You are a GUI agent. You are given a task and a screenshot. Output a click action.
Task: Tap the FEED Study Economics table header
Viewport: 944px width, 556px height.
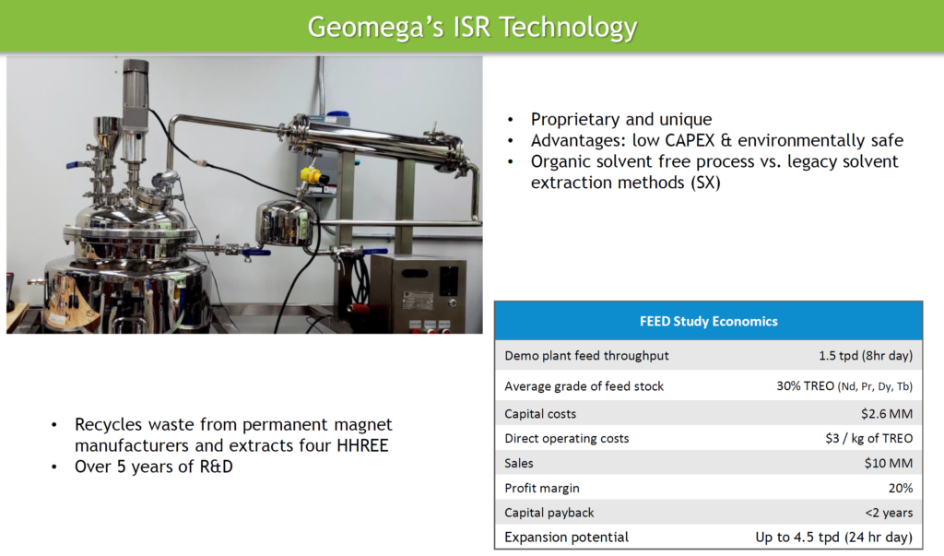click(709, 321)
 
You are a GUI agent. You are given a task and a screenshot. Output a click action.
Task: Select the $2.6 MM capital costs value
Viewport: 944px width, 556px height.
click(887, 414)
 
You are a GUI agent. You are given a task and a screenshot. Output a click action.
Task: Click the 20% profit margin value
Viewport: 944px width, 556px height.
click(901, 488)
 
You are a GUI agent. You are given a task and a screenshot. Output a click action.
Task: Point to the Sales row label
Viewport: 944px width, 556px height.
click(519, 463)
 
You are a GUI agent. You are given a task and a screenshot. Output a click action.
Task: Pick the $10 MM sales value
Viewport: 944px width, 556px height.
click(889, 463)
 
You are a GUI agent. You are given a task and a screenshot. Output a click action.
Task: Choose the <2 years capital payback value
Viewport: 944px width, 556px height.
click(890, 513)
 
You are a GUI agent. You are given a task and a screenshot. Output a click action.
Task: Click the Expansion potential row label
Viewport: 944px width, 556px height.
click(567, 538)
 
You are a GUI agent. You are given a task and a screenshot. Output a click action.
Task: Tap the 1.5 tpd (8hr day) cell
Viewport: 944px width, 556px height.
click(866, 355)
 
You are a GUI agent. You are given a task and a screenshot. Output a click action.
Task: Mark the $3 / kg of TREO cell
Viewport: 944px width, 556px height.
click(869, 439)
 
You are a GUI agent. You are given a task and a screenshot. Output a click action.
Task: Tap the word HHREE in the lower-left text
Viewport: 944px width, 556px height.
click(362, 445)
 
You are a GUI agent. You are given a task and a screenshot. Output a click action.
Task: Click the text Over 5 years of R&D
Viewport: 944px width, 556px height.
click(154, 467)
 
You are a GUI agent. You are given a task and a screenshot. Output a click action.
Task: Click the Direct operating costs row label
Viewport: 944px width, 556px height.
click(567, 439)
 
